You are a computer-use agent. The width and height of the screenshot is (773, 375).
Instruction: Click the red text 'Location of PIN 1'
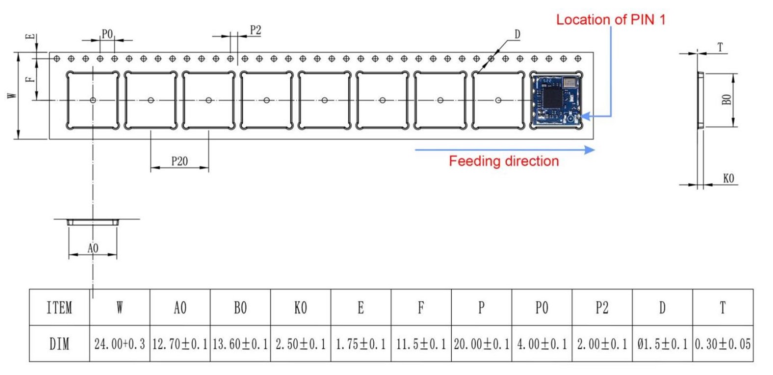coord(611,20)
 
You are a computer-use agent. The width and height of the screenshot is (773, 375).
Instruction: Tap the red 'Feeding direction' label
coord(504,161)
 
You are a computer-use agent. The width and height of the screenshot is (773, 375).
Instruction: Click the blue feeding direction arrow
coord(505,149)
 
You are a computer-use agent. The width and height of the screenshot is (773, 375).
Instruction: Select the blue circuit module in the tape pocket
coord(557,100)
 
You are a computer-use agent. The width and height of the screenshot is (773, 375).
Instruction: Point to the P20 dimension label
coord(179,161)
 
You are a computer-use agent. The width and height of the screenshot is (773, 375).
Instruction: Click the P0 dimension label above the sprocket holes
coord(107,34)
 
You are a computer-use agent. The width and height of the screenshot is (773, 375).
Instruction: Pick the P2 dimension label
coord(255,30)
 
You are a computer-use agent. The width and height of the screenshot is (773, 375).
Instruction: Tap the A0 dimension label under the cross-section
coord(93,248)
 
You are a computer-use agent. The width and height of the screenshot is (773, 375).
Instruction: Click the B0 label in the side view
coord(726,100)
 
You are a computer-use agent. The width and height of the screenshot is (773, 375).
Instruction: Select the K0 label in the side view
coord(728,178)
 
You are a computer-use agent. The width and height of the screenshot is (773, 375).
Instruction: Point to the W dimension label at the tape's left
coord(12,95)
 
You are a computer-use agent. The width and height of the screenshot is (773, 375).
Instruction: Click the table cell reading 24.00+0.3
coord(120,344)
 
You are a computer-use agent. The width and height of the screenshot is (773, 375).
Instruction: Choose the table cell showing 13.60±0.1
coord(240,344)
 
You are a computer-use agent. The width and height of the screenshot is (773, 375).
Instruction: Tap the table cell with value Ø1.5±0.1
coord(662,344)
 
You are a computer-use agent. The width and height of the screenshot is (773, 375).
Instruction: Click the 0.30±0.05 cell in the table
coord(722,344)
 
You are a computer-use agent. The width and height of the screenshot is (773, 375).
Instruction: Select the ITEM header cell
coord(59,308)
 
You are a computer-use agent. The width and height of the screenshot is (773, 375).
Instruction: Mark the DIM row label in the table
coord(59,344)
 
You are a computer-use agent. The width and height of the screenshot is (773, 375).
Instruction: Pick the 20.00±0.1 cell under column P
coord(481,344)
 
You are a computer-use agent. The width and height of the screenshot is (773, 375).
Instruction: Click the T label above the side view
coord(720,48)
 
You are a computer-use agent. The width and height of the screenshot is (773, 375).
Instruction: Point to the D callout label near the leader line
coord(517,34)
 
